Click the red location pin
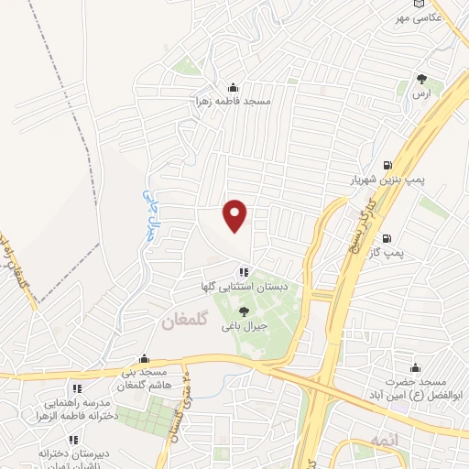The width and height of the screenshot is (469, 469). tap(236, 215)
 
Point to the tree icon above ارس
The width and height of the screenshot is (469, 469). tap(420, 80)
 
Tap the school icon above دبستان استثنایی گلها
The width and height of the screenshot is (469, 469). tap(243, 272)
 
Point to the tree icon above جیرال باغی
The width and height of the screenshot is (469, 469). tap(243, 312)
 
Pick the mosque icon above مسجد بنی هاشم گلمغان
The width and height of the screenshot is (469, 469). tap(144, 359)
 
